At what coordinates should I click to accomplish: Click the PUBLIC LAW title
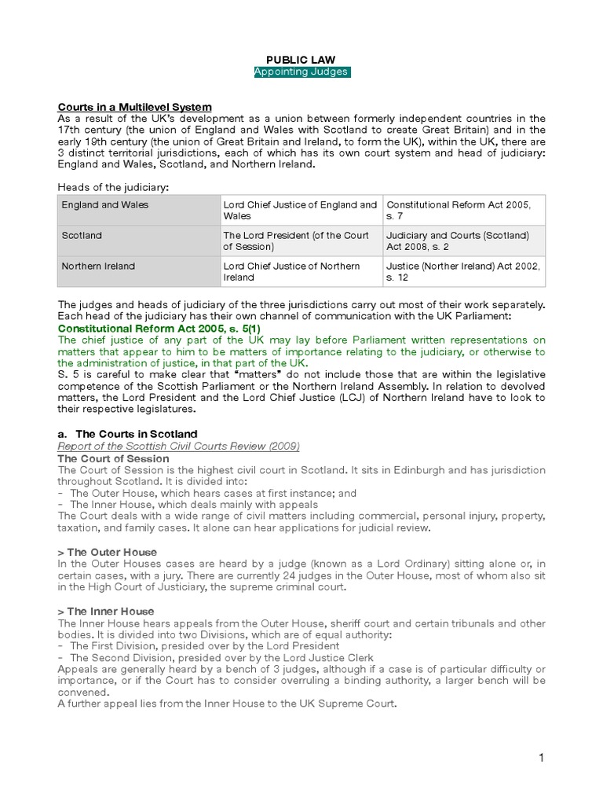click(301, 59)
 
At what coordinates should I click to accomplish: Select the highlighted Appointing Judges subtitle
click(301, 72)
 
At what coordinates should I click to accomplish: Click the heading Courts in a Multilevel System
click(134, 107)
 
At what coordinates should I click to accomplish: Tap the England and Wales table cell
click(105, 205)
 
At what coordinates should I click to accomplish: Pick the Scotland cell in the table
click(82, 235)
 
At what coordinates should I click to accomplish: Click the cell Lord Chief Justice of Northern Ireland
click(291, 271)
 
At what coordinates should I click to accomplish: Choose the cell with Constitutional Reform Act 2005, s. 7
click(459, 210)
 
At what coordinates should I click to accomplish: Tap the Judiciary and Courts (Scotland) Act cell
click(457, 241)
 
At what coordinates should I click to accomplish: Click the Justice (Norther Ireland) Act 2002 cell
click(462, 271)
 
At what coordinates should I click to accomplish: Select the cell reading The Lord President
click(296, 241)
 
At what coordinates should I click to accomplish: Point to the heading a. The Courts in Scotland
click(128, 434)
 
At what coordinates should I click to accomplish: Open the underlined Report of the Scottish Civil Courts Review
click(179, 447)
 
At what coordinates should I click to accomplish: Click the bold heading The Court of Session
click(113, 458)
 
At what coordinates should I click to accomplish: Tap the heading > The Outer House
click(108, 553)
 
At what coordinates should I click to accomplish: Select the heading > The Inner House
click(106, 611)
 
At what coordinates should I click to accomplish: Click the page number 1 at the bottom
click(541, 758)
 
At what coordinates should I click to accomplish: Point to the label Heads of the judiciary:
click(113, 186)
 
